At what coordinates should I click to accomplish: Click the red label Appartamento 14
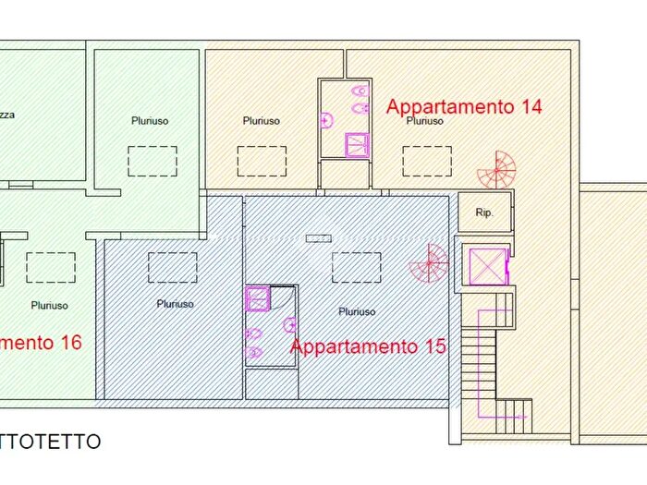463,105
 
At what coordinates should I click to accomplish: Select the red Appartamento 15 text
368,347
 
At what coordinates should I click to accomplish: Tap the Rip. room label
484,212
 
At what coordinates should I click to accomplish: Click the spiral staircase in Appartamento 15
430,264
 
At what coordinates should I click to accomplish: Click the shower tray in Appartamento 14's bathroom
356,144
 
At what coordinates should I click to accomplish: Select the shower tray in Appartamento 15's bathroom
257,297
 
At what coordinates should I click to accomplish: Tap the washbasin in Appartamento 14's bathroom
324,119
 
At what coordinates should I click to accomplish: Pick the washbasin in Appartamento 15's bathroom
289,324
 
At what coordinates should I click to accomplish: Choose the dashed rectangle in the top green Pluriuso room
152,161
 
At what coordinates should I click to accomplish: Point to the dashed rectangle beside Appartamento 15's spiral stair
357,267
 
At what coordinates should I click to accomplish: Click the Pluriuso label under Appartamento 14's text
424,121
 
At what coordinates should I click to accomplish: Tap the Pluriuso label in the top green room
150,120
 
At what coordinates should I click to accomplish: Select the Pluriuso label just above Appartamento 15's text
357,312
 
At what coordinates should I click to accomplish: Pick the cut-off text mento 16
41,343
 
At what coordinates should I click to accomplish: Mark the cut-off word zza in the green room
7,115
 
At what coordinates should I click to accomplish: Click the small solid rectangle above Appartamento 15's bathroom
318,238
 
